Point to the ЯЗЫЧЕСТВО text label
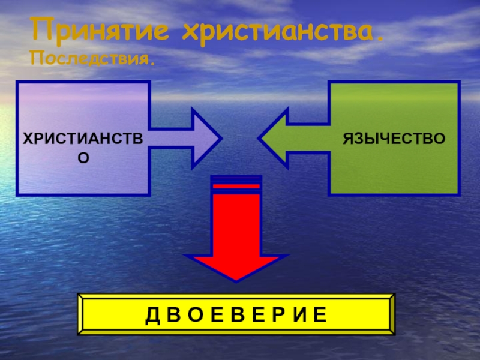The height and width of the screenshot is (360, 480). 394,139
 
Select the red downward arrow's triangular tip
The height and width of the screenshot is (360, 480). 236,268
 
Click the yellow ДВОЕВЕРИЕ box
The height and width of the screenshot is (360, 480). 236,314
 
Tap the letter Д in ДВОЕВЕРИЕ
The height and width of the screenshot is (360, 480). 150,314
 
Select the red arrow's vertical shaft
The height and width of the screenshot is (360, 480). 236,222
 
